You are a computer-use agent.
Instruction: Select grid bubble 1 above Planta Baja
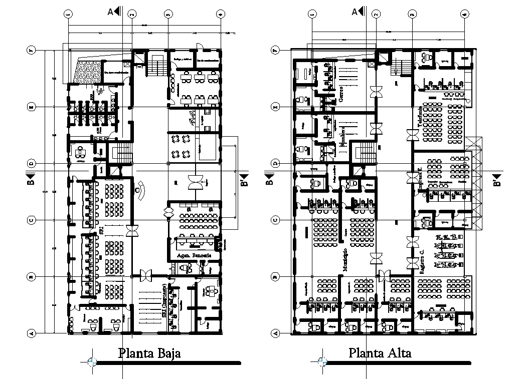[x=69, y=15]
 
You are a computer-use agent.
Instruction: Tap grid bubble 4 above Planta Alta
[x=464, y=15]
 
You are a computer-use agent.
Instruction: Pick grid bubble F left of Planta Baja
[x=31, y=50]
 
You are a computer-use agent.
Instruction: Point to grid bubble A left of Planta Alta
[x=274, y=333]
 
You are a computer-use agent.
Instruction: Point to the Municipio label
[x=344, y=260]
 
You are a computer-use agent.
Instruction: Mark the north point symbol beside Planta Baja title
[x=91, y=361]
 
